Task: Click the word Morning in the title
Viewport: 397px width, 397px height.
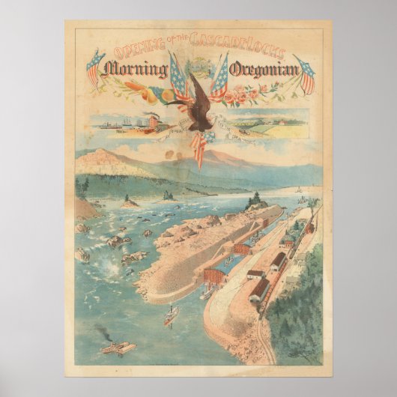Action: (x=136, y=71)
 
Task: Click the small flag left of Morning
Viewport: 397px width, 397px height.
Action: (x=94, y=68)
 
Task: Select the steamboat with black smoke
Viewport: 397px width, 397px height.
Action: (x=118, y=347)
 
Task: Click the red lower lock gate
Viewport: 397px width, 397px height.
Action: (x=216, y=275)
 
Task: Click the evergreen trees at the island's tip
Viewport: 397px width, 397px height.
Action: (x=255, y=200)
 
